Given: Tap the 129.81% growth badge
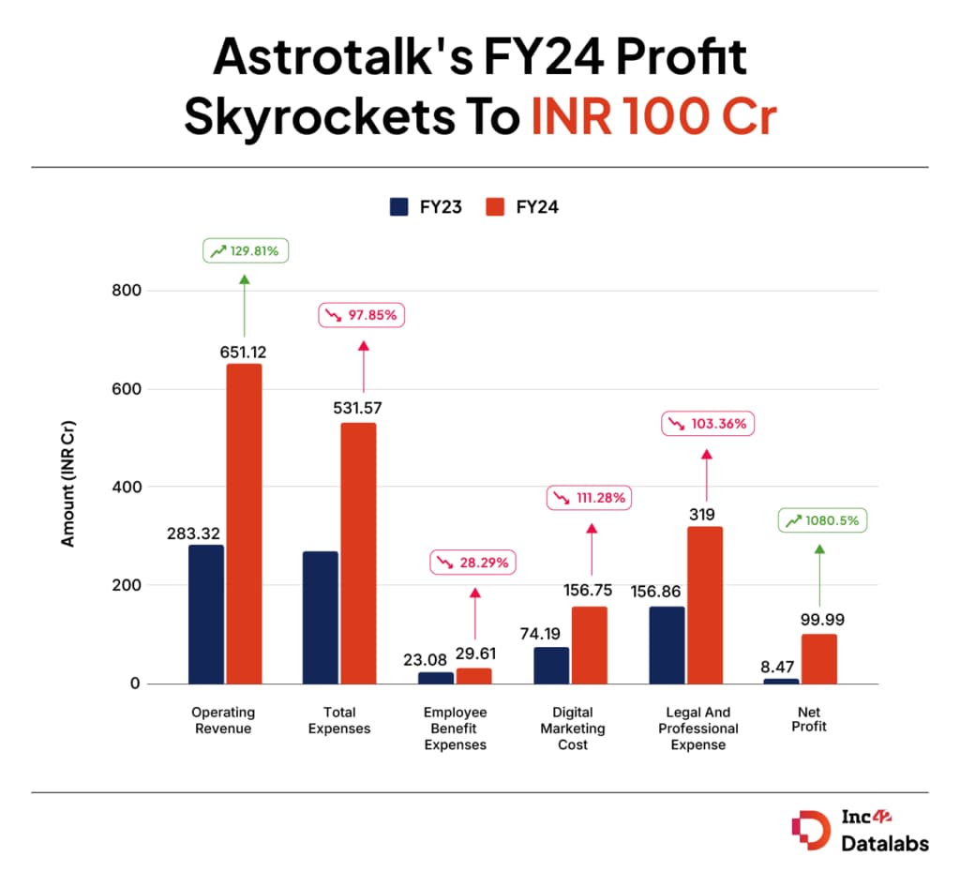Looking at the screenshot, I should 246,251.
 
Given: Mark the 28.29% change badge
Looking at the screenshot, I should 473,564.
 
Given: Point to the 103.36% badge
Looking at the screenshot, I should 708,424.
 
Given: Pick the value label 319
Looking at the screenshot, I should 702,514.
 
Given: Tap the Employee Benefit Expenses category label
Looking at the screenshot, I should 456,729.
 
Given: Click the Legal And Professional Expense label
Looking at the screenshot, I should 698,729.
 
